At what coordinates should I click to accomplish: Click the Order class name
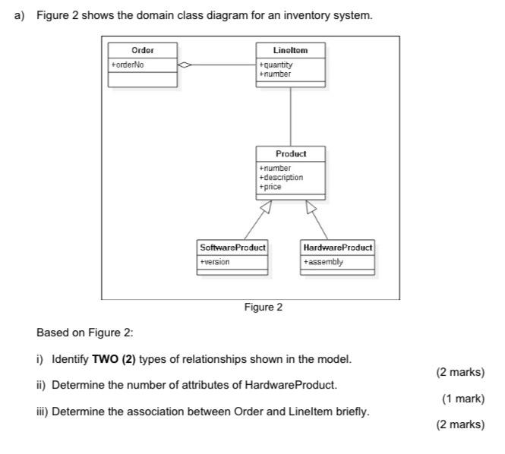[x=143, y=50]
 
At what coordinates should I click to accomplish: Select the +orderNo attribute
[x=128, y=65]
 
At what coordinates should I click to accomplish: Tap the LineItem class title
[x=291, y=50]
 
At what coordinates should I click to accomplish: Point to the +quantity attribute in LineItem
[x=276, y=65]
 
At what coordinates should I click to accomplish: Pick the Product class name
[x=291, y=154]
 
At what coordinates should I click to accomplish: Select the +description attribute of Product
[x=281, y=177]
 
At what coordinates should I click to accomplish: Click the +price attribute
[x=270, y=186]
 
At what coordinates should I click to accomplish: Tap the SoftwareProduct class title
[x=232, y=247]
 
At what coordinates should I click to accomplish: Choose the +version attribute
[x=214, y=262]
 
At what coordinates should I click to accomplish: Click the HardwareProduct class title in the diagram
[x=337, y=247]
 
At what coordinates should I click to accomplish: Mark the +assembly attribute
[x=323, y=262]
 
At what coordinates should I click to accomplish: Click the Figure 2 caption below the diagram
[x=263, y=307]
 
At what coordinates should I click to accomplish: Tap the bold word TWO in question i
[x=105, y=358]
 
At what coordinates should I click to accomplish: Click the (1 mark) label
[x=462, y=399]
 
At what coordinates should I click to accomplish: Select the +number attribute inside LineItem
[x=275, y=74]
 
